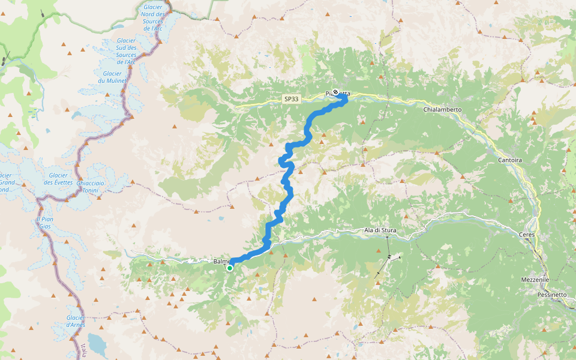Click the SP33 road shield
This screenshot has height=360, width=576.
click(x=291, y=99)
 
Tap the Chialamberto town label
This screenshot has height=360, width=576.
click(x=442, y=110)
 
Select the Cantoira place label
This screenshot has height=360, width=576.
click(x=511, y=160)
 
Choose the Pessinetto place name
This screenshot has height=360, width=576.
click(x=551, y=295)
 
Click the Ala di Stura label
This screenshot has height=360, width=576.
click(x=380, y=230)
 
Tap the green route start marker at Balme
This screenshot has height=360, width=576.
click(x=230, y=268)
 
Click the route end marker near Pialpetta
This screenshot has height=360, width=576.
click(x=335, y=92)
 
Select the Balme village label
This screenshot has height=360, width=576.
click(x=220, y=262)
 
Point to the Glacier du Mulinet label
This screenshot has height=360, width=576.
click(x=108, y=77)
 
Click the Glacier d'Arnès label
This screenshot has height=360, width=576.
click(x=76, y=321)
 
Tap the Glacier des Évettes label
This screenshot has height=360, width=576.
click(x=58, y=179)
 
